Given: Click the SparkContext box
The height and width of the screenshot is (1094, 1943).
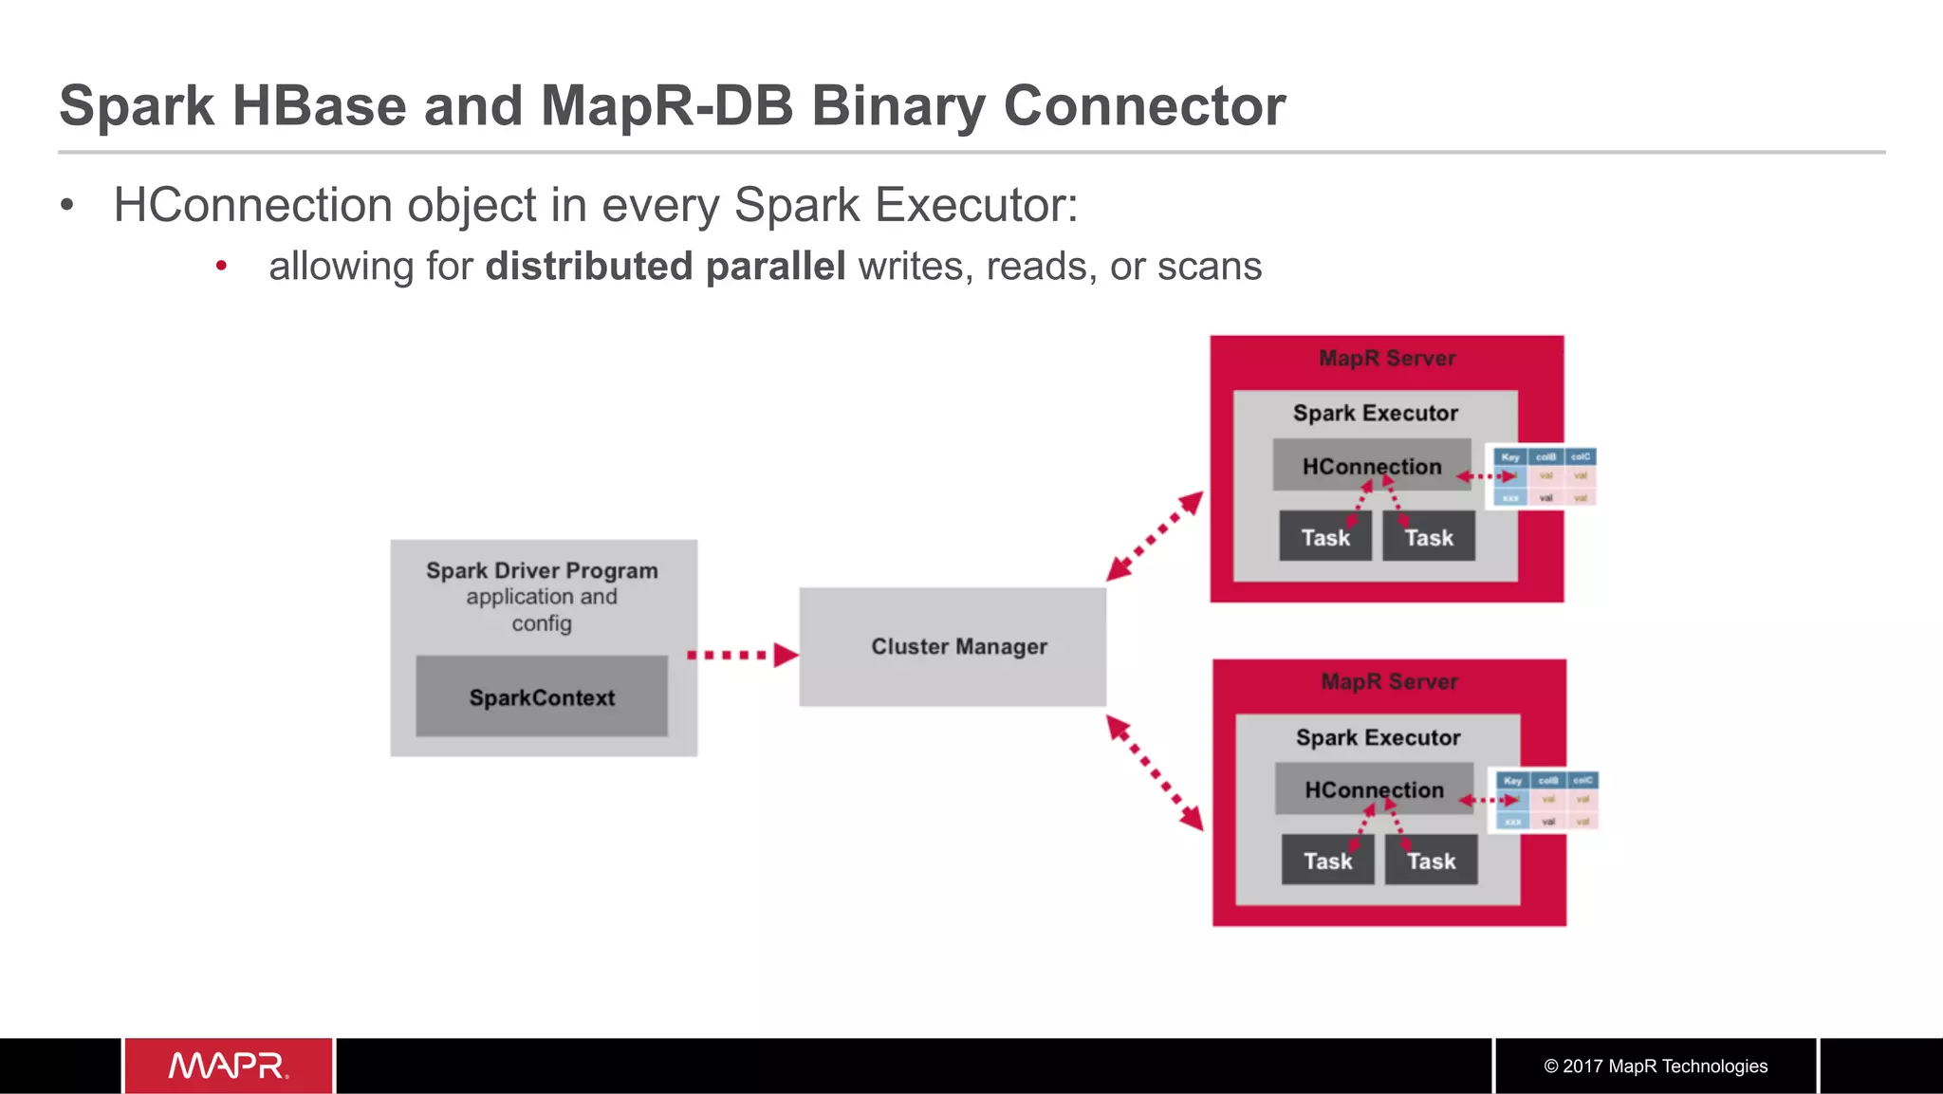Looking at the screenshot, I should (x=542, y=696).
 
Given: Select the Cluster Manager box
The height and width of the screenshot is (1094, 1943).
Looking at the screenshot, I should (x=953, y=646).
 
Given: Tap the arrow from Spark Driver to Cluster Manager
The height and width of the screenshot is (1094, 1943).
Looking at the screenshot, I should (x=741, y=655).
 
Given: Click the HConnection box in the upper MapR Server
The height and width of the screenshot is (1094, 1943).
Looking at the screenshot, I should (x=1371, y=465).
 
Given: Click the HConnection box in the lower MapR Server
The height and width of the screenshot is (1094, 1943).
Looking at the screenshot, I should (x=1374, y=788).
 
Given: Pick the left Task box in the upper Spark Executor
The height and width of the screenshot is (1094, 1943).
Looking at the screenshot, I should (x=1324, y=537).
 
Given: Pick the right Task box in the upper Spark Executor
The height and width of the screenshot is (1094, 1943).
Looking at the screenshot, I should (x=1428, y=537).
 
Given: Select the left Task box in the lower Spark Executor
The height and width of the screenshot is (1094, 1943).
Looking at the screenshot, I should (x=1327, y=861).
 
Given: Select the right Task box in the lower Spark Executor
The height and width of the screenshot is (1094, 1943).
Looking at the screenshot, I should (x=1431, y=861).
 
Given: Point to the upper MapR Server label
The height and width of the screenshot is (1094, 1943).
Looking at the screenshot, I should (x=1387, y=359).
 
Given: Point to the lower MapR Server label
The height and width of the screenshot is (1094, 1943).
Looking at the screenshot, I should (x=1389, y=682).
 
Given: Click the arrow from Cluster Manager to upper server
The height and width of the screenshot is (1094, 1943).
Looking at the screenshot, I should (x=1155, y=536).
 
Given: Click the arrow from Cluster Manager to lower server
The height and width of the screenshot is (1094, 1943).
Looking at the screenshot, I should (x=1155, y=772).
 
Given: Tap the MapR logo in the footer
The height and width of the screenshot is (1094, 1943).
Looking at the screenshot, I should (x=229, y=1066).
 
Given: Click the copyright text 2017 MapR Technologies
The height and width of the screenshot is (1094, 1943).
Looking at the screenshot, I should (x=1656, y=1066).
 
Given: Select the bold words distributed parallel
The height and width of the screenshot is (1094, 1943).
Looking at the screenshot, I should (x=665, y=267).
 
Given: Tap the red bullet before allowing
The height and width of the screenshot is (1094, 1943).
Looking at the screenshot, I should (x=221, y=266).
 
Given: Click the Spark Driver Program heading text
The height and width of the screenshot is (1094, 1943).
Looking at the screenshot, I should (x=542, y=570).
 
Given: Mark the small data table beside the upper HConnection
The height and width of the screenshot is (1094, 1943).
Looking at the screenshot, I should (x=1545, y=476).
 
